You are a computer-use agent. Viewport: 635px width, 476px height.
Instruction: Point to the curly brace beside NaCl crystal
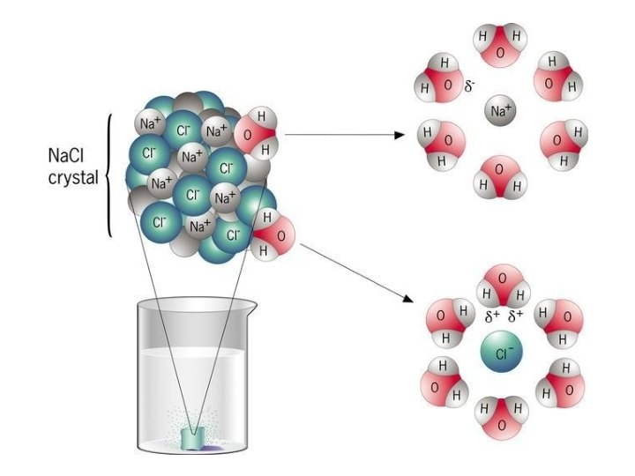pos(109,176)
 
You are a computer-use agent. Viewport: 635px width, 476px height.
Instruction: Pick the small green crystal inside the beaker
pos(192,438)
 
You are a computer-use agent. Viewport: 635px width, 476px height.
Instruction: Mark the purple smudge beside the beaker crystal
pos(212,449)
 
